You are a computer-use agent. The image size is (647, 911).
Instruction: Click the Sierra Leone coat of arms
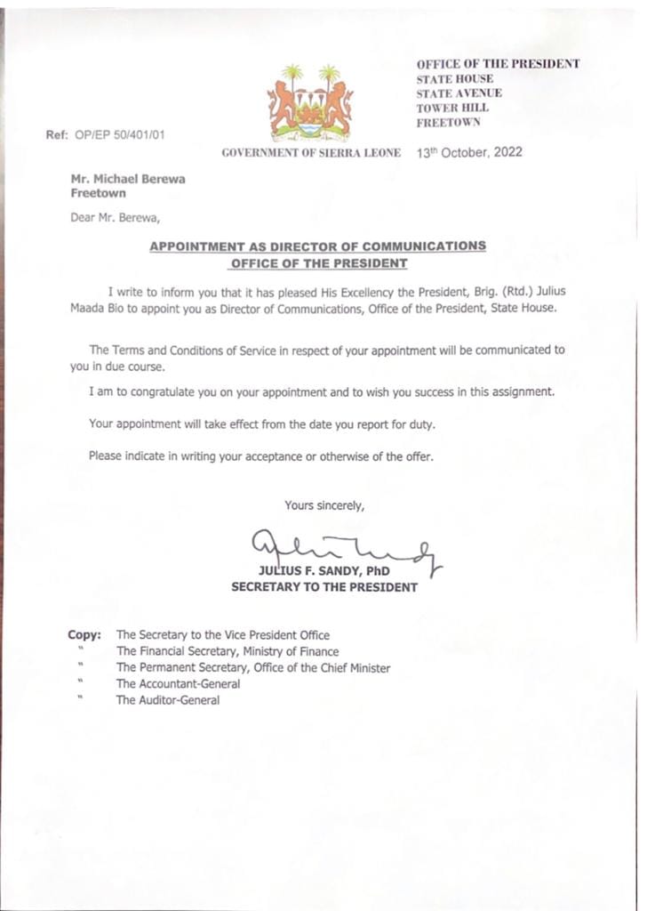(x=310, y=102)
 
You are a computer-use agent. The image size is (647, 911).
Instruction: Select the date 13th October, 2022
(x=469, y=152)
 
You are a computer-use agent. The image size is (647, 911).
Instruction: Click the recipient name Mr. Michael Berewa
(x=129, y=179)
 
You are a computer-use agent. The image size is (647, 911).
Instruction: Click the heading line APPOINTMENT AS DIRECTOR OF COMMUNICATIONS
(x=317, y=246)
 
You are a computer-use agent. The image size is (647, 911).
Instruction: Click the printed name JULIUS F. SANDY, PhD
(x=323, y=570)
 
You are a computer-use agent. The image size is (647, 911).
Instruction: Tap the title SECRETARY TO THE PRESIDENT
(x=323, y=587)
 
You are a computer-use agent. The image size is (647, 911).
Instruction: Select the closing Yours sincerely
(x=324, y=505)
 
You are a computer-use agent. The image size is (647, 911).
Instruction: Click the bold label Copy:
(x=85, y=635)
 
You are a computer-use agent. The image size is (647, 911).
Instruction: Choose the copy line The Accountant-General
(x=178, y=684)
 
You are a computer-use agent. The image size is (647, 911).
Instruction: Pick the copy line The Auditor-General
(x=168, y=700)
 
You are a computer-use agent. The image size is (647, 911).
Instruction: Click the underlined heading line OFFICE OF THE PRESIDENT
(x=318, y=263)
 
